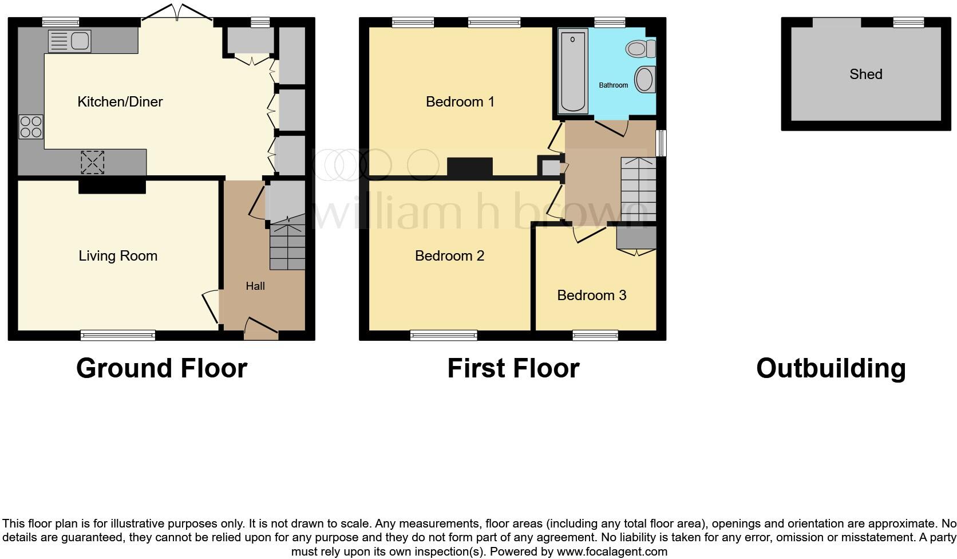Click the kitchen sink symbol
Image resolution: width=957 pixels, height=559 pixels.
(x=69, y=41)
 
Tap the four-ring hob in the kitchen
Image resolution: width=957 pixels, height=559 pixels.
(x=31, y=127)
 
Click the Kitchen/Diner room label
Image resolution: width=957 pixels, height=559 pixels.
(x=120, y=102)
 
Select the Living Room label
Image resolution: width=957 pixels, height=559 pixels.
(x=118, y=256)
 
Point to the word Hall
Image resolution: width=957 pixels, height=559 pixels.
(x=255, y=286)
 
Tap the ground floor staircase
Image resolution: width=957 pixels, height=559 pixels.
(x=287, y=247)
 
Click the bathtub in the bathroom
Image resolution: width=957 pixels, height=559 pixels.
(x=573, y=72)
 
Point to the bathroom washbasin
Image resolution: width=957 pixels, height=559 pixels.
(x=646, y=80)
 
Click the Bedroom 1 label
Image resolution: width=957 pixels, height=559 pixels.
(x=460, y=102)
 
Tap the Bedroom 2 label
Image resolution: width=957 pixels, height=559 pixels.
(x=450, y=256)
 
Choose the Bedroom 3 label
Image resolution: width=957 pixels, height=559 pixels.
(x=592, y=296)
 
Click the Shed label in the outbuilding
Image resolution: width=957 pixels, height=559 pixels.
(x=866, y=74)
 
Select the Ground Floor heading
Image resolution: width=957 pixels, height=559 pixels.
(x=161, y=368)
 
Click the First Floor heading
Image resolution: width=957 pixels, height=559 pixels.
(x=513, y=368)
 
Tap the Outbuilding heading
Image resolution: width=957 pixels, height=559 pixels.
(x=831, y=368)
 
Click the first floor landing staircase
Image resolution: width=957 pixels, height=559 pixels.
(x=638, y=189)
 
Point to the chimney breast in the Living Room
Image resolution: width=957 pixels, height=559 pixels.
(x=112, y=187)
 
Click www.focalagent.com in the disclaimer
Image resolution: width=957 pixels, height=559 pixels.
(x=611, y=552)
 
